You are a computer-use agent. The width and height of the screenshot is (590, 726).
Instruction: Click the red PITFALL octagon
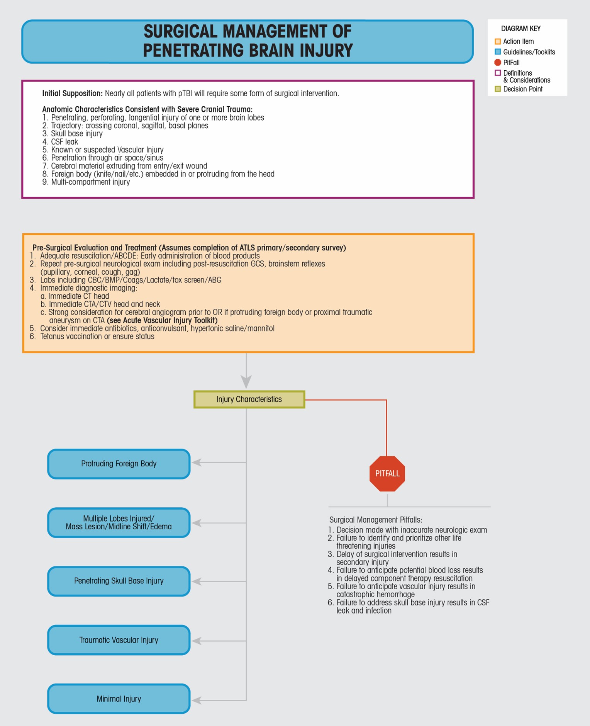tap(387, 474)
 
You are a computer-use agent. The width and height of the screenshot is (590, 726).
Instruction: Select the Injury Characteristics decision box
tap(249, 400)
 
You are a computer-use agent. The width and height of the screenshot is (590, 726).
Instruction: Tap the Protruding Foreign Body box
tap(119, 464)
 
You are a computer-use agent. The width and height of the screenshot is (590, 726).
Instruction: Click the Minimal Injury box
tap(119, 699)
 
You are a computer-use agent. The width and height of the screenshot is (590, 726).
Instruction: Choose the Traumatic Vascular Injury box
tap(119, 640)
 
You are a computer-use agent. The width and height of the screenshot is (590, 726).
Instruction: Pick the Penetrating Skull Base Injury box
tap(119, 581)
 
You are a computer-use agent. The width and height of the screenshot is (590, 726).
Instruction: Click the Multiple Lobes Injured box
tap(119, 522)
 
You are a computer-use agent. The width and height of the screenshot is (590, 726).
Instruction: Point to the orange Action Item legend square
tap(498, 41)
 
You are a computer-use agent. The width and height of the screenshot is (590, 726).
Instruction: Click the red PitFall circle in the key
tap(498, 63)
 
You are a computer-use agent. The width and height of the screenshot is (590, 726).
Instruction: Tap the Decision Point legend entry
tap(522, 89)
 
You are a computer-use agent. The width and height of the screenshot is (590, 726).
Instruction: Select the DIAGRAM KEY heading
tap(520, 29)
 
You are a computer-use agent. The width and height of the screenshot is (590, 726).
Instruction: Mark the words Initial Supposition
tap(72, 94)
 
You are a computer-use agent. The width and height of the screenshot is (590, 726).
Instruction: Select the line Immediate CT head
tap(78, 296)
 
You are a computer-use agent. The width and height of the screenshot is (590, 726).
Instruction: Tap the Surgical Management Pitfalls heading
tap(375, 520)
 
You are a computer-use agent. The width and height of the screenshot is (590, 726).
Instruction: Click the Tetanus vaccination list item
tap(97, 337)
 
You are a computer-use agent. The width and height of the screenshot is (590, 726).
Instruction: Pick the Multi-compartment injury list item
tap(90, 182)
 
